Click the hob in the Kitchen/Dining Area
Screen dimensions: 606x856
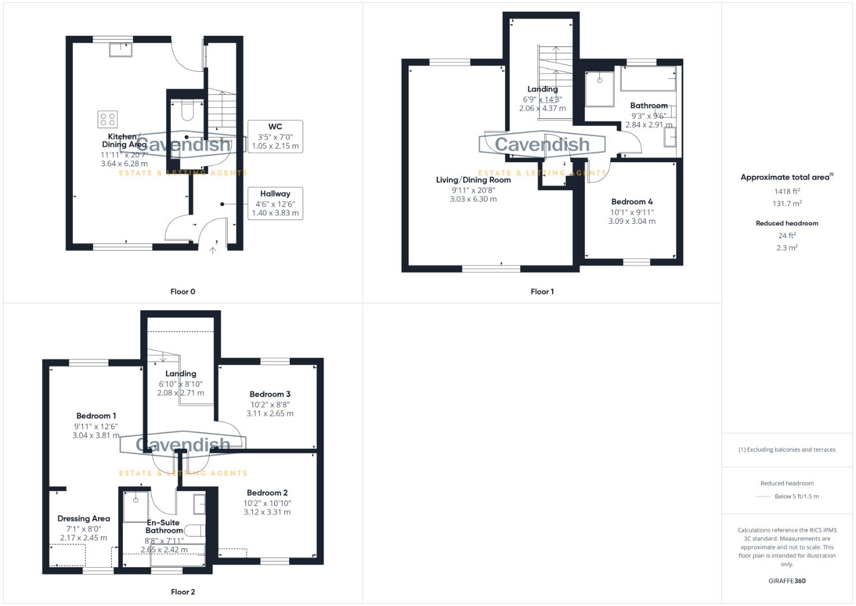pos(108,119)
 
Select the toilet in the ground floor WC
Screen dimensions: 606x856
pos(188,111)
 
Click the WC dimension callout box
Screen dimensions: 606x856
pos(275,136)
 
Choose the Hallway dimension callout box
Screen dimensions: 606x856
pos(275,203)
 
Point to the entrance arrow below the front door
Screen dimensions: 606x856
pos(213,250)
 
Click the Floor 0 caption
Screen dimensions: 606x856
pos(183,292)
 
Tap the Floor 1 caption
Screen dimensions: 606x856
pos(542,292)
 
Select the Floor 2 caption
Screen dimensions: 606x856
pos(183,592)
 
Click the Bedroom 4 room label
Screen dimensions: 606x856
pos(632,202)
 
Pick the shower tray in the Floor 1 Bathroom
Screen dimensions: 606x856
pos(599,89)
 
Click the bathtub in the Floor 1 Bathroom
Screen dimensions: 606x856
pos(649,79)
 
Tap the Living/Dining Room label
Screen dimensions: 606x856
pos(473,180)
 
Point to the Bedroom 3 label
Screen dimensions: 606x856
pos(270,394)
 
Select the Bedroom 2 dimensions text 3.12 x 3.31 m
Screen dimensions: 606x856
pos(267,512)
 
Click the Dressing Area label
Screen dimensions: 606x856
pos(84,519)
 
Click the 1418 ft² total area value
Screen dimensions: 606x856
pos(786,191)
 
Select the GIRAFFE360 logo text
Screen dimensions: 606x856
pos(786,581)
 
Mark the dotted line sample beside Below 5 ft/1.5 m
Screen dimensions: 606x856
pos(763,497)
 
